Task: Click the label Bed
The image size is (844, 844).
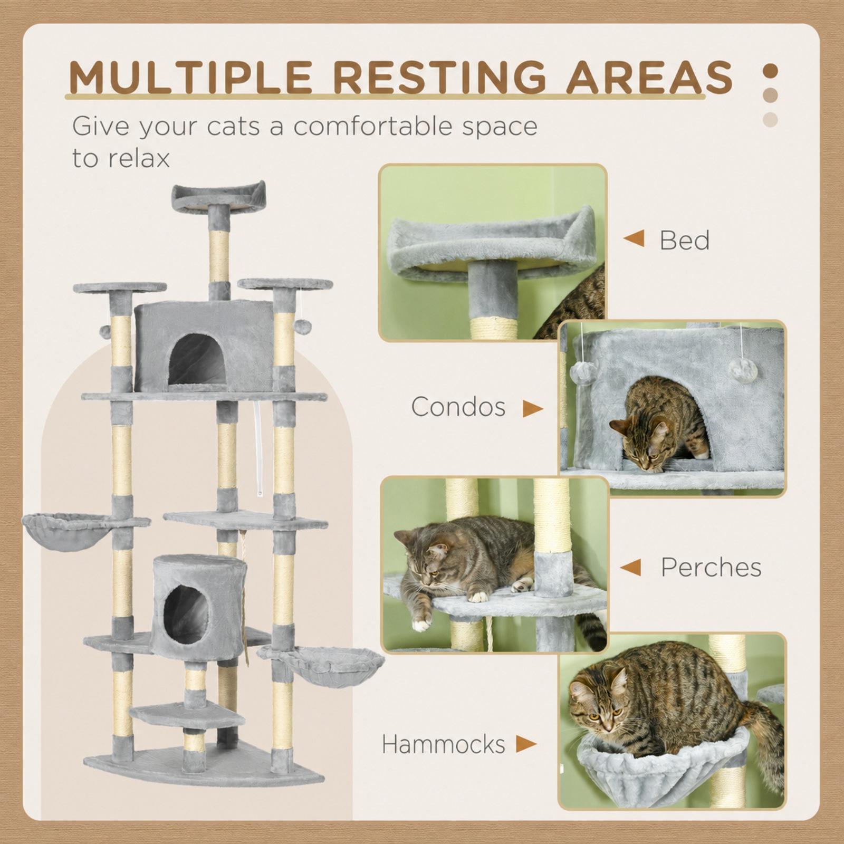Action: [x=684, y=240]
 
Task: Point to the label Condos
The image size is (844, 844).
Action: [x=458, y=407]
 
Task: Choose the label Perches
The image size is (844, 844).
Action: [x=711, y=568]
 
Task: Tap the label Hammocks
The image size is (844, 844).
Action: [x=444, y=744]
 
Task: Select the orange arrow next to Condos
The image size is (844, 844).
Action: [x=533, y=408]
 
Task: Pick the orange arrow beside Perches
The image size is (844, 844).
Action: [x=630, y=568]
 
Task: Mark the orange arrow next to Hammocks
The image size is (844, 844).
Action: [x=526, y=744]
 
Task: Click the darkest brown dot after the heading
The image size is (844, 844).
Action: [x=771, y=71]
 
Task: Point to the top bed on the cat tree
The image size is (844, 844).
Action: [x=218, y=197]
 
